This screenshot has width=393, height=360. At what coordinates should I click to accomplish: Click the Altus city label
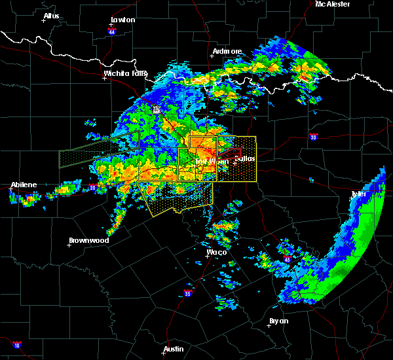51,16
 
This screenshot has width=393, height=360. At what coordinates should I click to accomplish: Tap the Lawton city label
122,20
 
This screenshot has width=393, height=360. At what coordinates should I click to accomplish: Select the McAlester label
332,4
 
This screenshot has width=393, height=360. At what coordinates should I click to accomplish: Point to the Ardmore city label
227,51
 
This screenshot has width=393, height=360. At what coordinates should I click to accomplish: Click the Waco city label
216,252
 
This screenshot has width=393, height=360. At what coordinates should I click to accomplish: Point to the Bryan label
278,321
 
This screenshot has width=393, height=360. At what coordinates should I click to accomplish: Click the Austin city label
174,349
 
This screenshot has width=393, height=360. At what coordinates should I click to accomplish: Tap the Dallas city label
244,158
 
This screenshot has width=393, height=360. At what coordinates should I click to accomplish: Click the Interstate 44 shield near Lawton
112,30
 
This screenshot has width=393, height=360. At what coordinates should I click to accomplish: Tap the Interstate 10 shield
16,345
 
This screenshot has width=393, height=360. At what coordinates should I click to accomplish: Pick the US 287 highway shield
157,110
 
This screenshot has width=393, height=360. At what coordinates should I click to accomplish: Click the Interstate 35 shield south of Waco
187,293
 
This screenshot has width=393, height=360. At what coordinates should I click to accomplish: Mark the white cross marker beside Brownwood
70,245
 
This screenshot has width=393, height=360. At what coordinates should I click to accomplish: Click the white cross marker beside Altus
44,21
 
